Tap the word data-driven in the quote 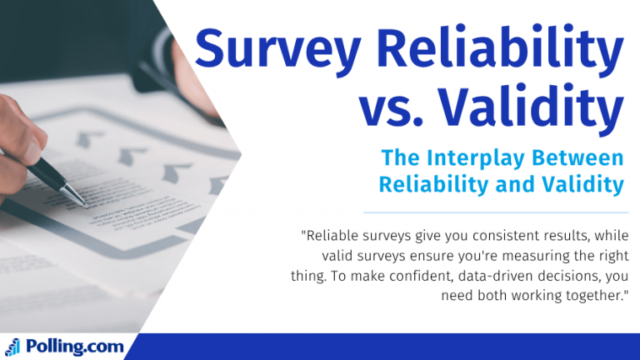(499, 275)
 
